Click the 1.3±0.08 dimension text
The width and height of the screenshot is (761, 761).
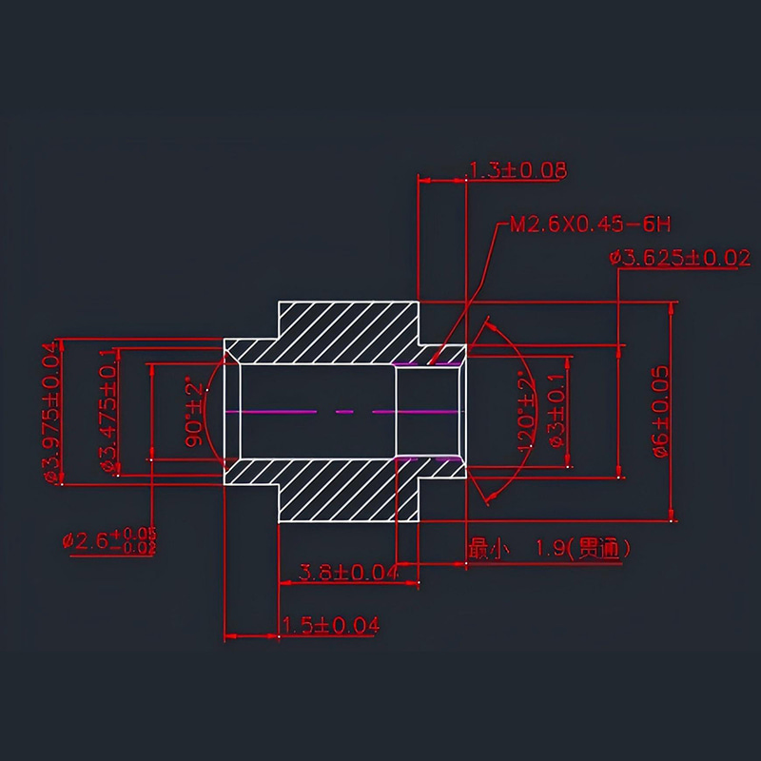(x=517, y=170)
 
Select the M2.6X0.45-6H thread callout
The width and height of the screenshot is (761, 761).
(x=591, y=224)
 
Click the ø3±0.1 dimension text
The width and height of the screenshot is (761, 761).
(x=557, y=412)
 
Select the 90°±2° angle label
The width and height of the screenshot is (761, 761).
(x=195, y=411)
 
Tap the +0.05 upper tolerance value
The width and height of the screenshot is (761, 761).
(x=134, y=534)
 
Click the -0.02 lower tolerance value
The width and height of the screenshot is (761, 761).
(x=134, y=547)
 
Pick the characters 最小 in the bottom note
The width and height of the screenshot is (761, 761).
(x=489, y=548)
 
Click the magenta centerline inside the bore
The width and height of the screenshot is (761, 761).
(x=314, y=411)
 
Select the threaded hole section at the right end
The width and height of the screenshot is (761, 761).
(x=430, y=411)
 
